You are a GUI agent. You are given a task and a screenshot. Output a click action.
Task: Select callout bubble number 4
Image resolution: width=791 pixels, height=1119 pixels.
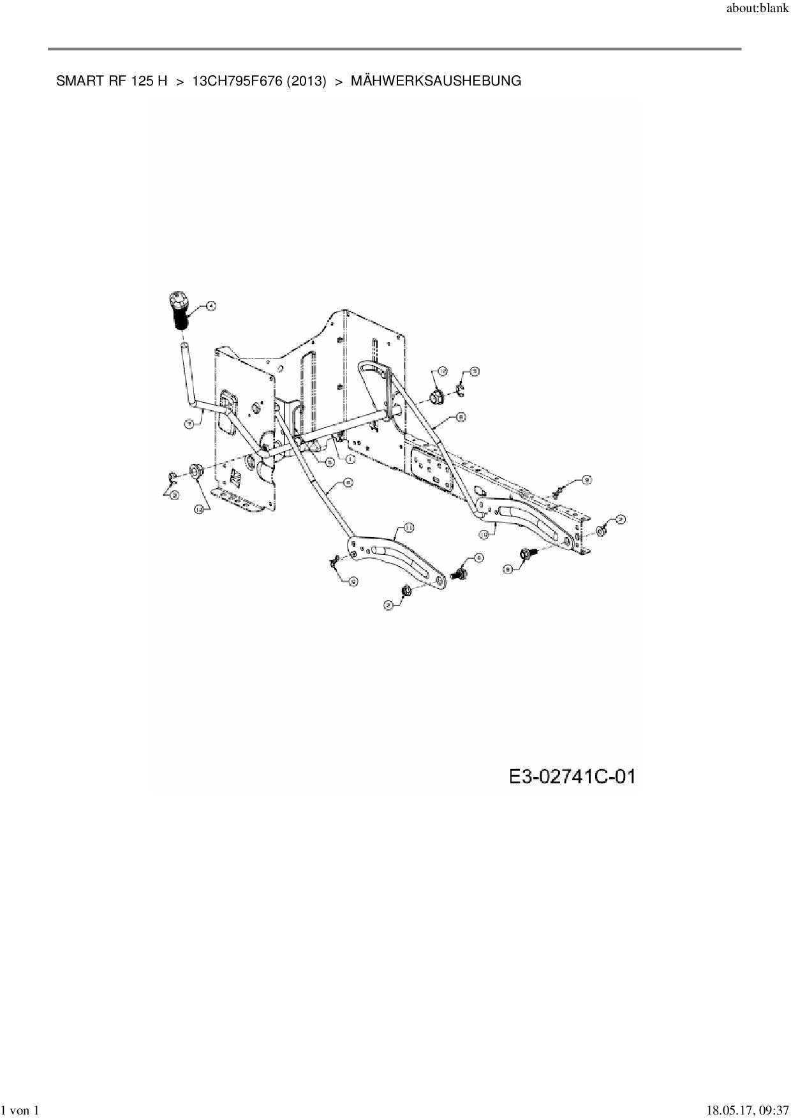pyautogui.click(x=211, y=306)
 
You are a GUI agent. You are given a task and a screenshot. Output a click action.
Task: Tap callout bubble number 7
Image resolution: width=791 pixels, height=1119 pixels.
pyautogui.click(x=189, y=424)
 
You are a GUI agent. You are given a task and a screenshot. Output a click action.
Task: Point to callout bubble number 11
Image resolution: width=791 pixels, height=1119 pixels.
pyautogui.click(x=409, y=527)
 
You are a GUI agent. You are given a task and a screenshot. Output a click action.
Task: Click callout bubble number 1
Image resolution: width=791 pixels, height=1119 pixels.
pyautogui.click(x=350, y=459)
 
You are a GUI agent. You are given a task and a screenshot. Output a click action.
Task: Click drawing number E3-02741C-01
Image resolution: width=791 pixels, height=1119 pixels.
pyautogui.click(x=572, y=777)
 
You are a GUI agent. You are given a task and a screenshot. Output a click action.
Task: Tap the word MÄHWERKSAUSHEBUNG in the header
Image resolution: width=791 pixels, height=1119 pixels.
pyautogui.click(x=436, y=81)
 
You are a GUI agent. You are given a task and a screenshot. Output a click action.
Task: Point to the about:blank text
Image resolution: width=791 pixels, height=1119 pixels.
pyautogui.click(x=757, y=11)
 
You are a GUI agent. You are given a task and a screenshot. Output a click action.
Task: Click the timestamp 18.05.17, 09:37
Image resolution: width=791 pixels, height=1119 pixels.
pyautogui.click(x=743, y=1111)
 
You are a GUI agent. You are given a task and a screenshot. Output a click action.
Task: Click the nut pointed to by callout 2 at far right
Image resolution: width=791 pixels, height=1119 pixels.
pyautogui.click(x=602, y=531)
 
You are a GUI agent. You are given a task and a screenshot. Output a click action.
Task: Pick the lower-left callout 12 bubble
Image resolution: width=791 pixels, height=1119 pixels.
pyautogui.click(x=202, y=508)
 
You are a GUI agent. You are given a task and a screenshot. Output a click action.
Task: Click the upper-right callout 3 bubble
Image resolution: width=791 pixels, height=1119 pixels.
pyautogui.click(x=474, y=371)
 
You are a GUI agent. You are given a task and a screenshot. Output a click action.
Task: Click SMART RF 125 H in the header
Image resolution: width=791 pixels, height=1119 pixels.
pyautogui.click(x=112, y=81)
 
